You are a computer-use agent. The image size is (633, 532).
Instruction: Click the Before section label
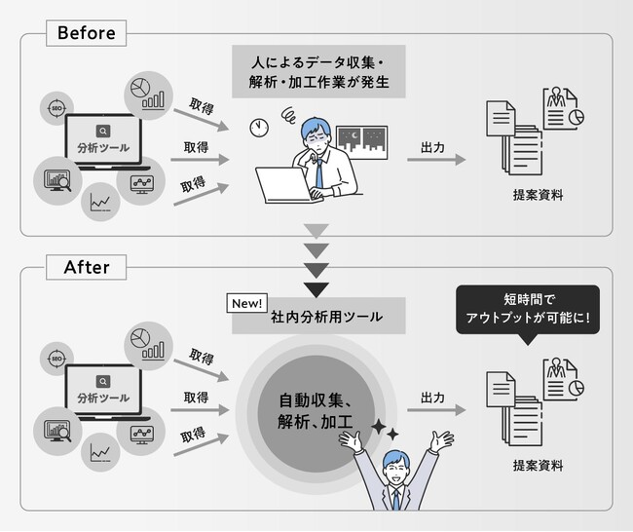[x=87, y=33]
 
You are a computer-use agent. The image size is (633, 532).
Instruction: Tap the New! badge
[x=247, y=303]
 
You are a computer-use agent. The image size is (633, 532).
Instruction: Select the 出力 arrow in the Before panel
[x=435, y=158]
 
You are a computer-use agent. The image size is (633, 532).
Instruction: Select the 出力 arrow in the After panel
[x=435, y=408]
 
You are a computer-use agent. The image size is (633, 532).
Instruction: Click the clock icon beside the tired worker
[x=258, y=128]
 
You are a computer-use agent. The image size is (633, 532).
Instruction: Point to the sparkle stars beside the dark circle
[x=384, y=428]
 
